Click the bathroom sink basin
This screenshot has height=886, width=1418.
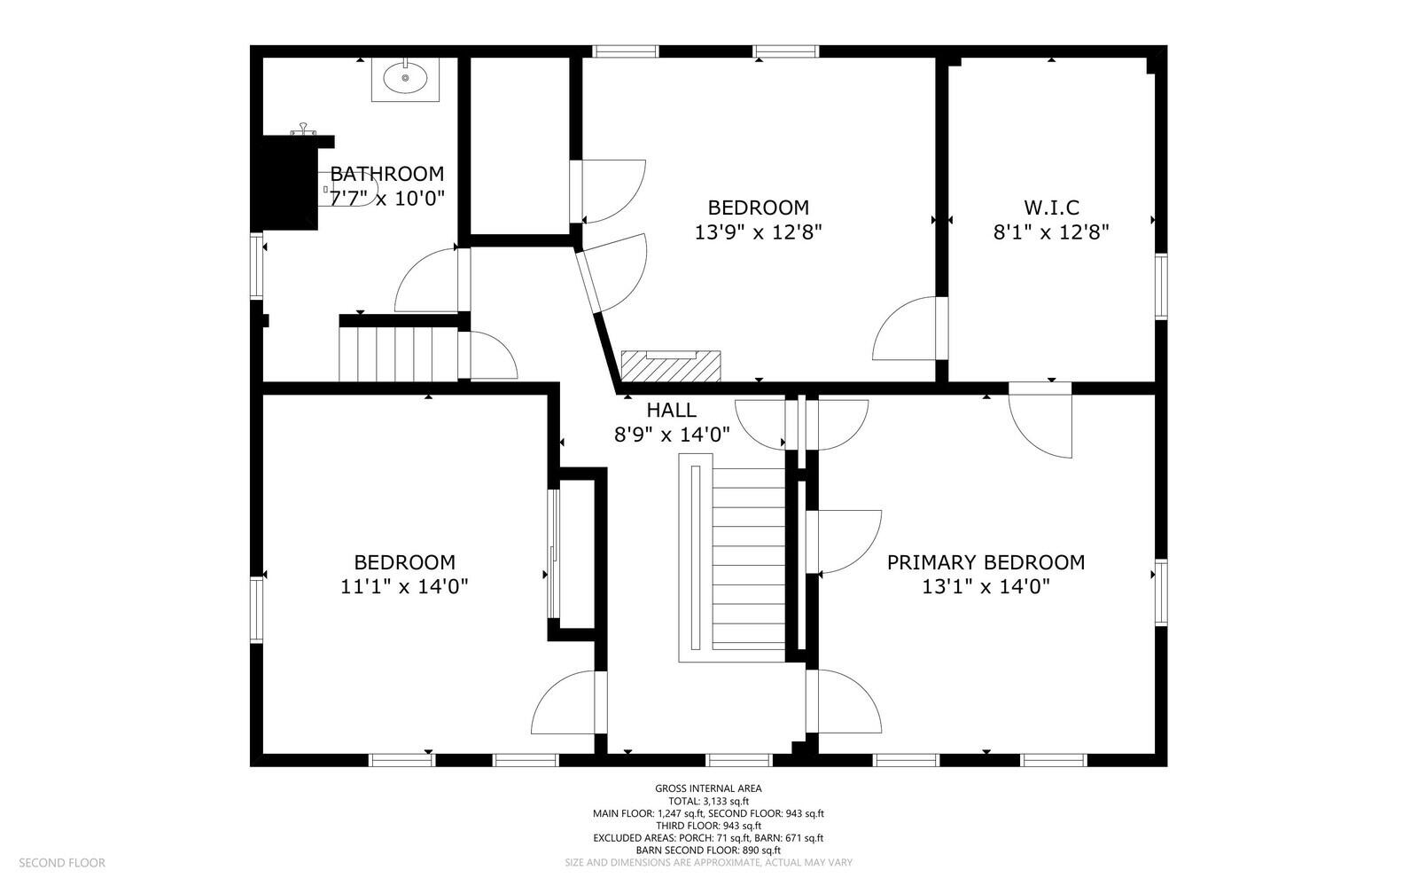405,78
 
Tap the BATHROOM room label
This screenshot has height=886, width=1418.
386,174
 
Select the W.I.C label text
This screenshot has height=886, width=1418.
1051,208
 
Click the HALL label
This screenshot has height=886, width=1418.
672,411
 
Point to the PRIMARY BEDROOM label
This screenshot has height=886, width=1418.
986,562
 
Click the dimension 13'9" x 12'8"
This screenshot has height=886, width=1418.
759,232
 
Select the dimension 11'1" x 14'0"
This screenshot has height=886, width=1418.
404,587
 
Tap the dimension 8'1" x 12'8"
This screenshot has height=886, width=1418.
1051,232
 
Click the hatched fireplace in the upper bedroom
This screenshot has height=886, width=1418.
671,366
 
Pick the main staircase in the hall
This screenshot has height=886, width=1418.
732,558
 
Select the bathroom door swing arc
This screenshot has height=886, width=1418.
426,280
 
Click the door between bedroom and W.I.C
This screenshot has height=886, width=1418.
905,328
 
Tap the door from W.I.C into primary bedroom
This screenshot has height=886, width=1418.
1040,419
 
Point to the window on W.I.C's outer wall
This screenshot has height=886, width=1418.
1161,286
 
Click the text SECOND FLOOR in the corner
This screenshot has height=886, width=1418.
62,863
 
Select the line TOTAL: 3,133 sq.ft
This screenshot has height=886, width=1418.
708,801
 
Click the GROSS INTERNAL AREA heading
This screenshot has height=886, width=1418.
708,788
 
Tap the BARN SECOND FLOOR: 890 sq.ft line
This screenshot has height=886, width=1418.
708,850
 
